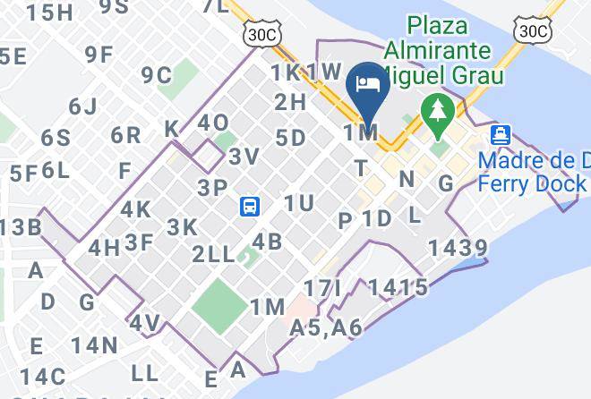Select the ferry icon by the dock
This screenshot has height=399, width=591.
coord(501,136)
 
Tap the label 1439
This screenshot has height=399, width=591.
coord(458,248)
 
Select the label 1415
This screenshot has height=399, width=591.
coord(397,287)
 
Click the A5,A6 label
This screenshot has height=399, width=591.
coord(326,328)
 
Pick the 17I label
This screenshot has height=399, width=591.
coord(323,288)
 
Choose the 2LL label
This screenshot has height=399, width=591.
coord(213,254)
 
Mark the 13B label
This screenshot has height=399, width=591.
coord(21,226)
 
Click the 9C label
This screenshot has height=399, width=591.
coord(156,75)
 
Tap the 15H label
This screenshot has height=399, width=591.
coord(49,13)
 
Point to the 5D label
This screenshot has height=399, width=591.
coord(291,138)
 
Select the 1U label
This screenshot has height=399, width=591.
coord(298,203)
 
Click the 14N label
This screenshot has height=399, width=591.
coord(95,344)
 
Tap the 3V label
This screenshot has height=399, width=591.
coord(244,157)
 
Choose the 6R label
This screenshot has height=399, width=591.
coord(126,136)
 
